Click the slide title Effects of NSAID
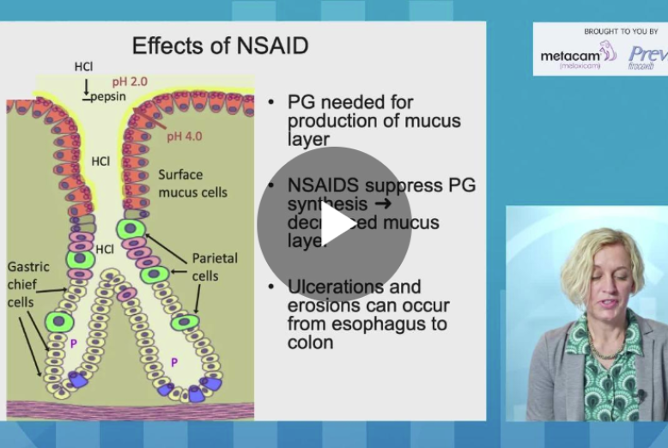(x=220, y=45)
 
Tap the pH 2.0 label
(x=130, y=82)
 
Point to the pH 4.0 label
(x=185, y=135)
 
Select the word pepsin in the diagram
(x=109, y=96)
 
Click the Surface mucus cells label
(x=192, y=184)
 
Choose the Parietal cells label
(x=215, y=266)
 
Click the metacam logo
(x=570, y=56)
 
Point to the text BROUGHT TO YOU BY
(x=621, y=32)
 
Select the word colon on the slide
(x=311, y=342)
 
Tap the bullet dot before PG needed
(x=271, y=102)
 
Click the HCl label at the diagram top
(x=83, y=66)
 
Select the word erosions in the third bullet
(x=320, y=306)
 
